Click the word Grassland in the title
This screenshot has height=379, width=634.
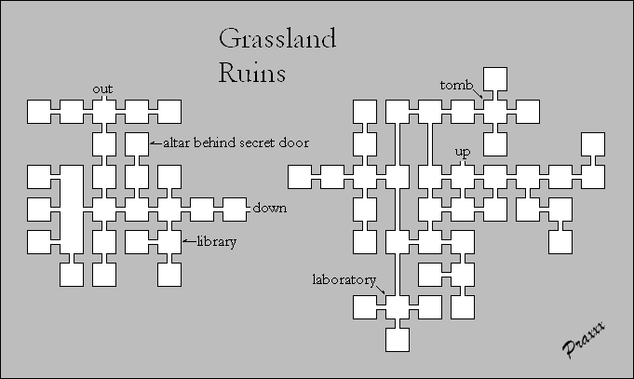point(277,40)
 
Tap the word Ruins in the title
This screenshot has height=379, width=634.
point(253,72)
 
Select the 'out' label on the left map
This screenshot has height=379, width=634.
point(102,88)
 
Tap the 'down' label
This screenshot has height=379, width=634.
point(269,208)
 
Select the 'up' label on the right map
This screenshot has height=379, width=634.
point(462,152)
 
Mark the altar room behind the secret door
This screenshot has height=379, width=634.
point(136,143)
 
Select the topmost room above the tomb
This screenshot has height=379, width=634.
point(495,79)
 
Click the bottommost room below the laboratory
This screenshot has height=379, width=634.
point(398,339)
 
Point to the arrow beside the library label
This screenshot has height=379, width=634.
point(186,241)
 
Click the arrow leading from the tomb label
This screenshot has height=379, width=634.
point(477,93)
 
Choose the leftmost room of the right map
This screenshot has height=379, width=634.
point(300,176)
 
